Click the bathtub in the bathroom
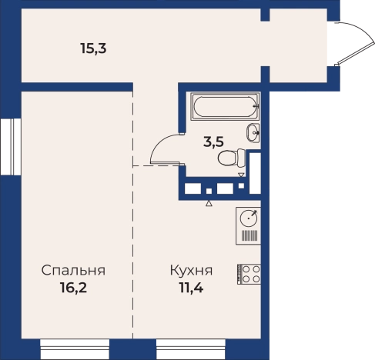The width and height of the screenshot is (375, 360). coord(224,106)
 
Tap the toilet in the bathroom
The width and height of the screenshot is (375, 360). coord(232,158)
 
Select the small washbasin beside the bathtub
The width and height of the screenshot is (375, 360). coord(253,132)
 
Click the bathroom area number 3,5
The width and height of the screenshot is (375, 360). coord(213,141)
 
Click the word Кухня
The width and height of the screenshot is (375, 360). coord(190,271)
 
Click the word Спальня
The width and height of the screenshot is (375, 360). coord(73,271)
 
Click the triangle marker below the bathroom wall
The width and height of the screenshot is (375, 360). coord(209,204)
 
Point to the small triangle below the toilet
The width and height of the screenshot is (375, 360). coord(241,175)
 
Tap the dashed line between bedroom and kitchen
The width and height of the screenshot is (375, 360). coord(135,246)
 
